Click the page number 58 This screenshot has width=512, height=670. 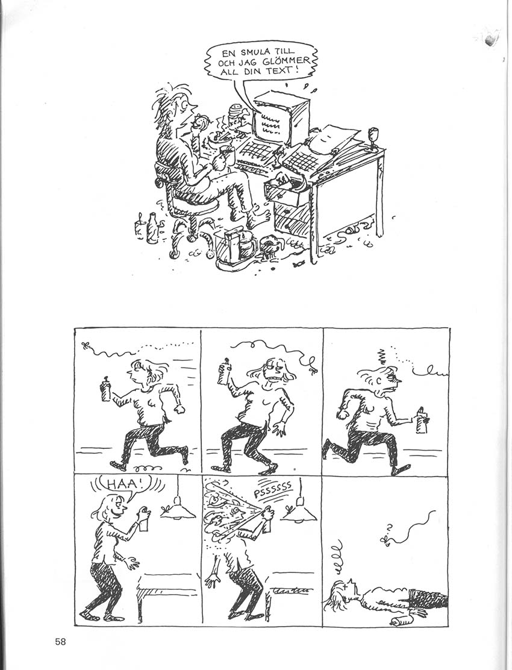(x=60, y=641)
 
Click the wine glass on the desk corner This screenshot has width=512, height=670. (x=373, y=137)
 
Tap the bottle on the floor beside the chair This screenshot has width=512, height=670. (x=151, y=228)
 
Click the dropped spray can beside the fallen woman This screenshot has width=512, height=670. (x=401, y=621)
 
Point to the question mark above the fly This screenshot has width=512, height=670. (x=389, y=527)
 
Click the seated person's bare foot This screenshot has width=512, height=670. (x=260, y=215)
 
